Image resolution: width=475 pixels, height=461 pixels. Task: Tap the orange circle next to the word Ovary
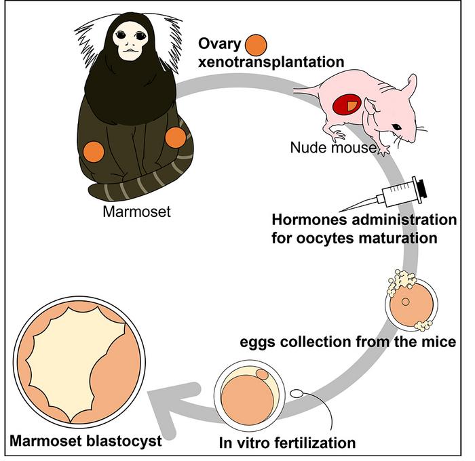256,45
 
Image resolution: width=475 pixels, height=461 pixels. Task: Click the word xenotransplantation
271,62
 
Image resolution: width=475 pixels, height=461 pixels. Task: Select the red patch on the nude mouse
347,105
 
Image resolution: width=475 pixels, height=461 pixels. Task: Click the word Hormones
311,222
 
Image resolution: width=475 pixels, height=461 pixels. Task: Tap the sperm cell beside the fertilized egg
297,393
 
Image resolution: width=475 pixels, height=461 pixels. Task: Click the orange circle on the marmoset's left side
93,151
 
